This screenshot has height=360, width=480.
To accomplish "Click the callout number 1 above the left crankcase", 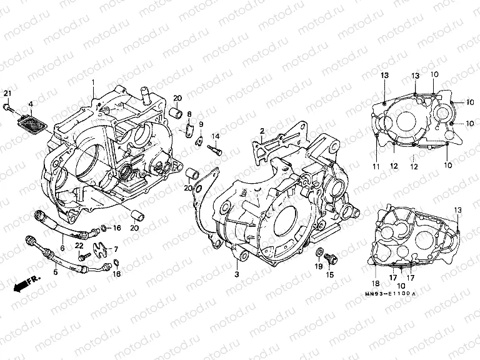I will coord(93,82).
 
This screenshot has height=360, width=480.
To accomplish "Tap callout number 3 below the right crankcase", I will coord(237,274).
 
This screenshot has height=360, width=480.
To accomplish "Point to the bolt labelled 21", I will coord(7,108).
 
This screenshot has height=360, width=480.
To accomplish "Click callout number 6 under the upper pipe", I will coord(62,247).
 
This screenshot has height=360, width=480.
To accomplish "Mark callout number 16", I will coord(116,228).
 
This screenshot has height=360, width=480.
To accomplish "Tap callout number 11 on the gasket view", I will coord(377,166).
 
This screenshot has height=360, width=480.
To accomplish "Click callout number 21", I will coord(7,94).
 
